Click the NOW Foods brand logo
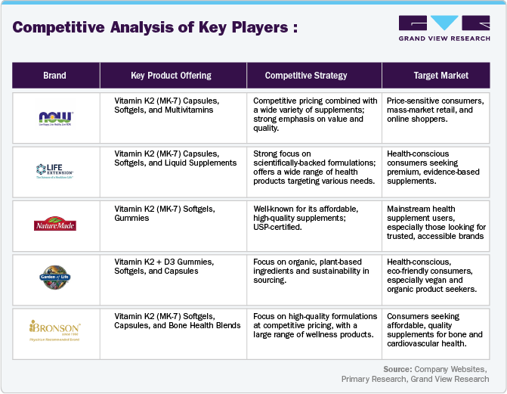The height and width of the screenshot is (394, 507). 55,116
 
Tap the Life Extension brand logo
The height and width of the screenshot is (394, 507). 55,170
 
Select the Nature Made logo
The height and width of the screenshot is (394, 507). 55,224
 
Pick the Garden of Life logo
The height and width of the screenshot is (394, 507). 55,277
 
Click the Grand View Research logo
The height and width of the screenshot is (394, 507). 444,29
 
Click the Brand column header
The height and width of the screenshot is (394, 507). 54,76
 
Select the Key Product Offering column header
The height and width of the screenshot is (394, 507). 171,76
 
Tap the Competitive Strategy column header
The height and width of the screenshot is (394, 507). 306,76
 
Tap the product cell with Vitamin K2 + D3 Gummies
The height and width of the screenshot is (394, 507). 164,266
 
